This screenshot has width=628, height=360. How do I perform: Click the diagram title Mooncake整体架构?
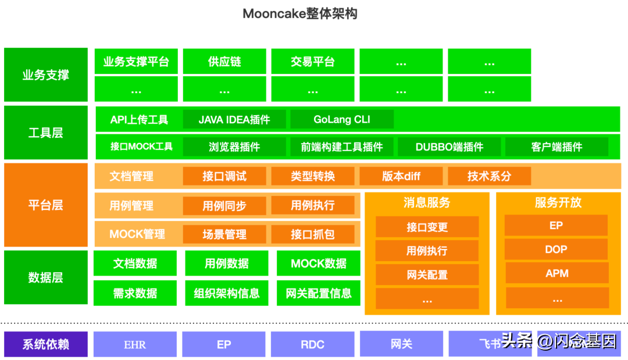click(x=299, y=13)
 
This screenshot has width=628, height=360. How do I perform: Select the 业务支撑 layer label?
click(x=45, y=75)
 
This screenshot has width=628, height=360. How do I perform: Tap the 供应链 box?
click(x=224, y=62)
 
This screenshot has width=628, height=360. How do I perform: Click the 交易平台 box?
click(x=313, y=62)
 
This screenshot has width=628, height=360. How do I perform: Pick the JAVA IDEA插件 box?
click(x=234, y=120)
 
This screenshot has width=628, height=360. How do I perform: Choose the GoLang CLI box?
click(x=342, y=120)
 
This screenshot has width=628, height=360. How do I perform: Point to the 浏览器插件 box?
click(x=234, y=147)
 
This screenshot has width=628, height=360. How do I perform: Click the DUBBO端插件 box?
click(x=449, y=147)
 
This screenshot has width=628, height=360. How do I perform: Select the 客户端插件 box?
click(x=556, y=147)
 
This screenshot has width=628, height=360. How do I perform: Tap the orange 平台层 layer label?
click(x=45, y=205)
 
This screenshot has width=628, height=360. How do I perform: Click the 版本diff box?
click(x=401, y=176)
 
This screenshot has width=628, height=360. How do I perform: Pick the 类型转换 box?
click(x=313, y=176)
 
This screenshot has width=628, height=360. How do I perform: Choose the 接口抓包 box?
click(x=313, y=234)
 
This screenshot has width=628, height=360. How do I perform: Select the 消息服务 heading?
click(x=427, y=203)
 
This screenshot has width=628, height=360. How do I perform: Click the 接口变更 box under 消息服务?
click(x=427, y=227)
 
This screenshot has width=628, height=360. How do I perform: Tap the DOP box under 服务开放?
click(x=556, y=249)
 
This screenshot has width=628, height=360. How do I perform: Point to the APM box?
click(x=556, y=273)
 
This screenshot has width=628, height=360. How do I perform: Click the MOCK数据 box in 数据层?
click(x=319, y=263)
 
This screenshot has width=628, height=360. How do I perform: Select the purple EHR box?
click(x=135, y=344)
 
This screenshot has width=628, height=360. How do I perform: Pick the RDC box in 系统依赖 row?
click(x=312, y=344)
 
